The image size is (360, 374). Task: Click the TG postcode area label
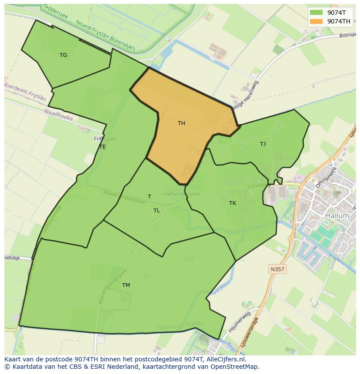point(63,55)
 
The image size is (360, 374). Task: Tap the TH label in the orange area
point(181,123)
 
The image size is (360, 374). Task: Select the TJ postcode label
point(263,144)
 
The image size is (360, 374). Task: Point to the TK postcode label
point(233,203)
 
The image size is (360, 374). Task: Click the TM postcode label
point(126,285)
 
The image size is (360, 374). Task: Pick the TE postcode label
point(103,147)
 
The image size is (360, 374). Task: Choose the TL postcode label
point(157,211)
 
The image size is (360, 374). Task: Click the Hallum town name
point(337,215)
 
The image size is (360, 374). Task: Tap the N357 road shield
point(277,269)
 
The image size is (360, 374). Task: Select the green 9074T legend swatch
point(316,13)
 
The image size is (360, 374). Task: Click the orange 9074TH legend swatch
point(316,21)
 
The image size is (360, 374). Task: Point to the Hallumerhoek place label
point(181,194)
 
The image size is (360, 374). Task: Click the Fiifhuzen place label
point(105,139)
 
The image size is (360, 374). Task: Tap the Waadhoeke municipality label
point(58,114)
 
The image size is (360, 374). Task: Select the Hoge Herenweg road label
point(246,95)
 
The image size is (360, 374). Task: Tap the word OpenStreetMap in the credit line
point(235,367)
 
